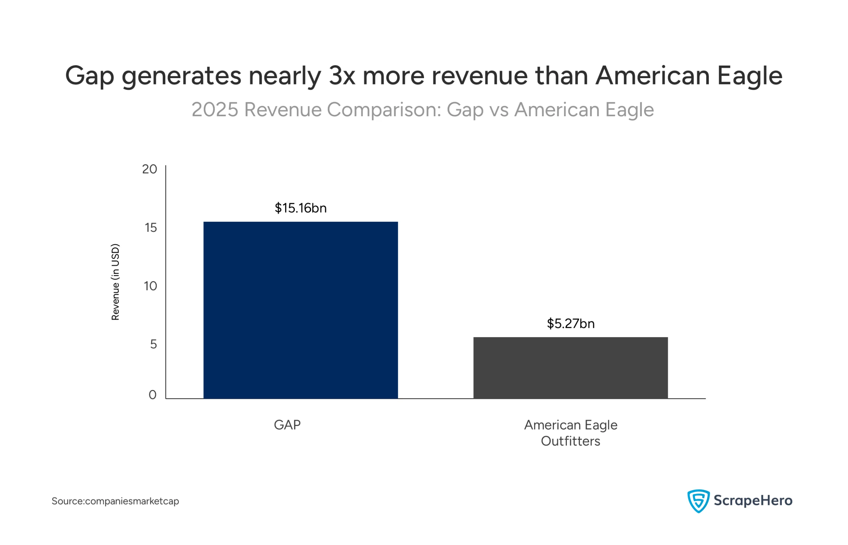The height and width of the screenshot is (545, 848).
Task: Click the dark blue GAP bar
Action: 300,310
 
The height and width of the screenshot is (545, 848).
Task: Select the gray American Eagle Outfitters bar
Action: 570,368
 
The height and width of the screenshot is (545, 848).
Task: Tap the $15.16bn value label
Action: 300,208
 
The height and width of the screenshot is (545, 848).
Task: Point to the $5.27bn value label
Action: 570,323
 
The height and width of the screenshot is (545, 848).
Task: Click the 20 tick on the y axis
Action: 149,169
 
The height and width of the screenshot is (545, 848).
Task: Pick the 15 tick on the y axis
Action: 150,227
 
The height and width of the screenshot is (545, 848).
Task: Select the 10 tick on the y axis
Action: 150,286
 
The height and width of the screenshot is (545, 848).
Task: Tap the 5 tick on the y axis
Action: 153,344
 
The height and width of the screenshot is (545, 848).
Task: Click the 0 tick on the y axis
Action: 152,395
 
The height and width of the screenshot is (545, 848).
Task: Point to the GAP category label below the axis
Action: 287,425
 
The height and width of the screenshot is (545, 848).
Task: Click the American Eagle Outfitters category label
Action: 570,433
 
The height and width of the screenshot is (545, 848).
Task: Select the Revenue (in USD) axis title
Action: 115,282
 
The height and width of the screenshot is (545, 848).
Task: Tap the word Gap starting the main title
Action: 89,76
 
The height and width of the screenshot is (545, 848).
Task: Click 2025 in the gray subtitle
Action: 215,110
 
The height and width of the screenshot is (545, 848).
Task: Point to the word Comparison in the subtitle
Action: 384,110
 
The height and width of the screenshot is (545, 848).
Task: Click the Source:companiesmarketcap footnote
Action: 115,501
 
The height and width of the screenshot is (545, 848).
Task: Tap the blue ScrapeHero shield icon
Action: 698,501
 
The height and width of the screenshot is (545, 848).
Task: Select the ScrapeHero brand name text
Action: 753,500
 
